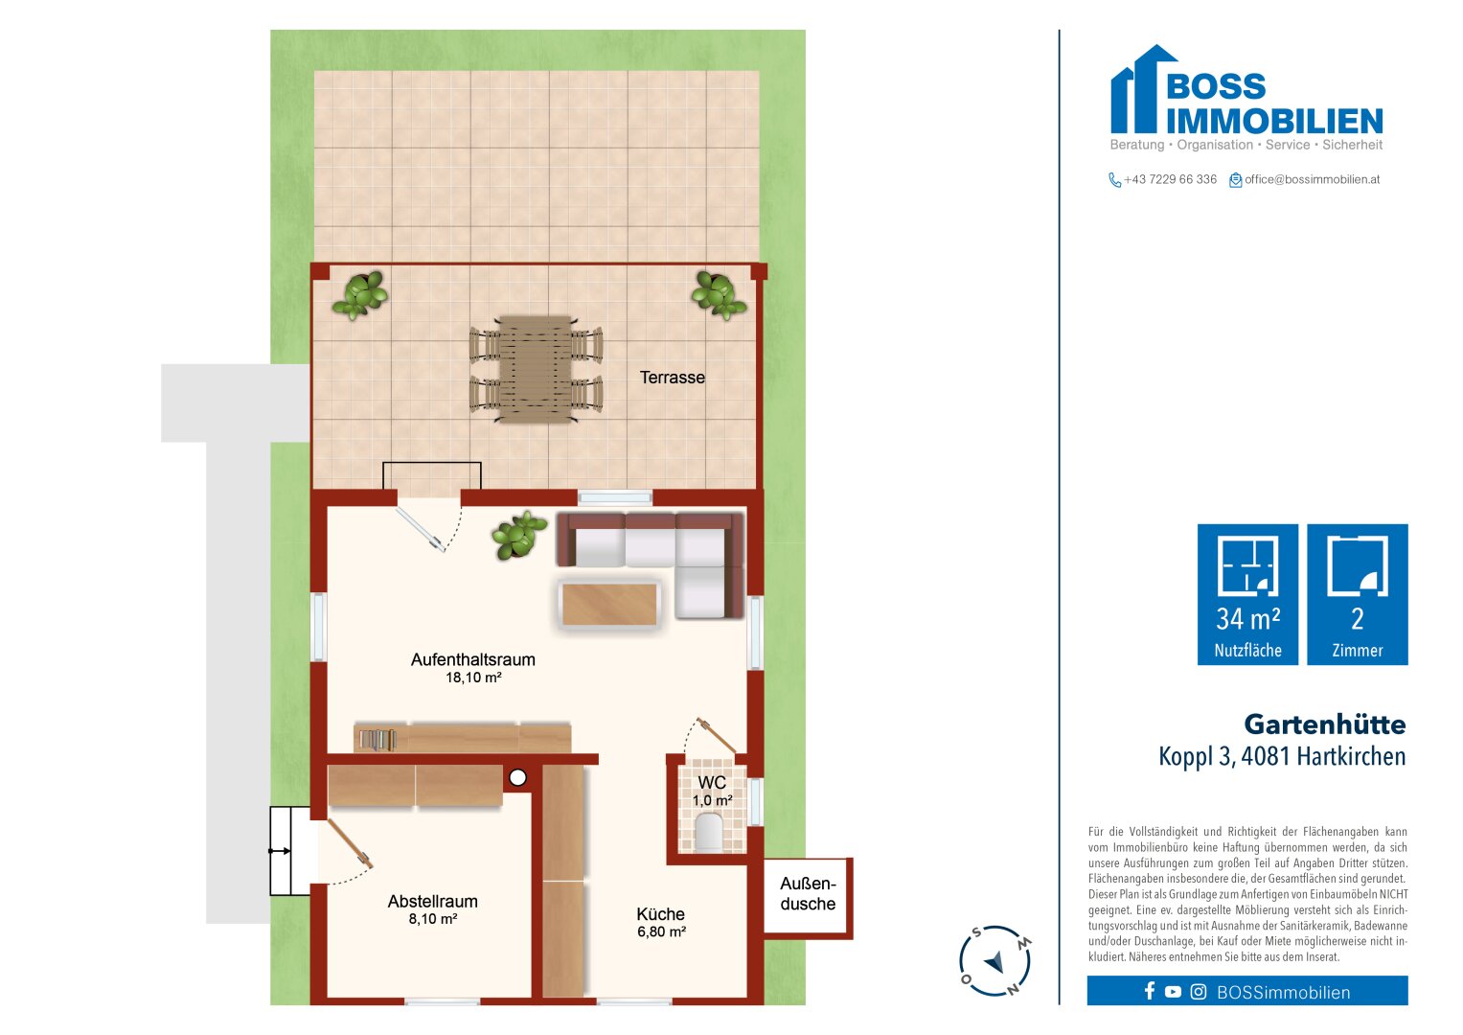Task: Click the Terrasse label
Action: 672,377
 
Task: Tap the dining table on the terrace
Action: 536,369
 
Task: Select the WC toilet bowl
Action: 709,832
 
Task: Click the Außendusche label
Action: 808,894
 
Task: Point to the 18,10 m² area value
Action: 473,678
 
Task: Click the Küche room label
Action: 661,913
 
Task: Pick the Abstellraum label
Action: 432,901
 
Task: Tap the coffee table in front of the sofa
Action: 609,605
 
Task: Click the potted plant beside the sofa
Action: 518,535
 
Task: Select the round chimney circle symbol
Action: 518,777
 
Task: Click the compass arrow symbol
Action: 994,961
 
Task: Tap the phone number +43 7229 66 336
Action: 1170,179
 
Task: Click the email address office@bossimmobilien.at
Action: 1313,179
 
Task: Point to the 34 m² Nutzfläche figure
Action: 1247,619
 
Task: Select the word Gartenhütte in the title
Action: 1324,724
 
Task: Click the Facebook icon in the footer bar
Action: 1150,991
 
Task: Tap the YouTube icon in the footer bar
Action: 1173,991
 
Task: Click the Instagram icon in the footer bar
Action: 1198,991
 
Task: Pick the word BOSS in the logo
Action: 1216,86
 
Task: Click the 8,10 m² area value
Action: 432,919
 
